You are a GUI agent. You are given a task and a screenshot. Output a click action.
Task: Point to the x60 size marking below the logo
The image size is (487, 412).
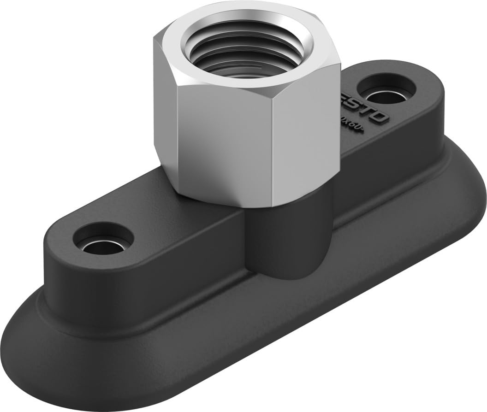(x=353, y=125)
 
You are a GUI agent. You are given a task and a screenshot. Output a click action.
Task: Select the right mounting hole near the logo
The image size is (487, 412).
(x=386, y=90)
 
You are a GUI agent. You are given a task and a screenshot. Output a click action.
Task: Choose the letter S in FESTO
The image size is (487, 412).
(x=360, y=109)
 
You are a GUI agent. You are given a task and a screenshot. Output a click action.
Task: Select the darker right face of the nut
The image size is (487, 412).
(x=304, y=134)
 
